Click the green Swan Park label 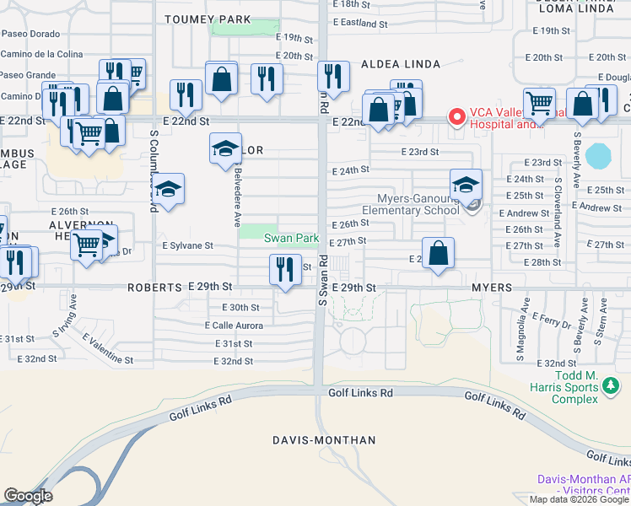(x=292, y=239)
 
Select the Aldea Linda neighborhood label (x=396, y=64)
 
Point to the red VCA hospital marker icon (x=457, y=116)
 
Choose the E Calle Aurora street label (x=234, y=326)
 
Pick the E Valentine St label (x=109, y=348)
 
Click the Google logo (x=28, y=496)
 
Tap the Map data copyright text (x=579, y=499)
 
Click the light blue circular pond (x=597, y=156)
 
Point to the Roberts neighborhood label (x=154, y=288)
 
